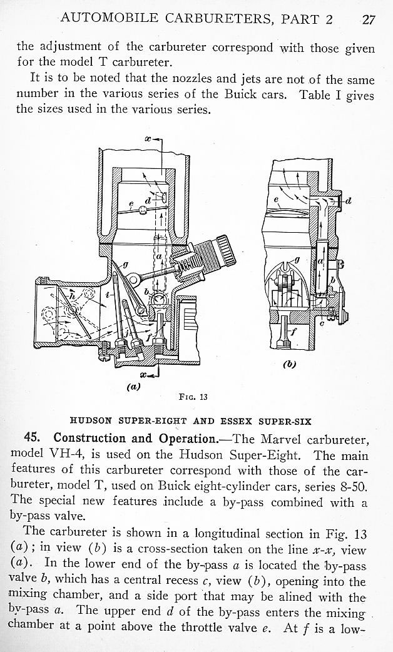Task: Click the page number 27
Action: coord(369,19)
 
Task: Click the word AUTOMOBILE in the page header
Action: coord(109,18)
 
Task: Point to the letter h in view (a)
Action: coord(71,296)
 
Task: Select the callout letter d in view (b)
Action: coord(349,201)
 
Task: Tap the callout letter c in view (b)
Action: coord(323,323)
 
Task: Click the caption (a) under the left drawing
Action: coord(133,386)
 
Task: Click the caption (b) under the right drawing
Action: coord(289,364)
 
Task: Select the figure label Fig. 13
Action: coord(193,397)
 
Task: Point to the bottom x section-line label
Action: coord(143,375)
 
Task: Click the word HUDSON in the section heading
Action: coord(91,421)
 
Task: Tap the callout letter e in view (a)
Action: coord(131,204)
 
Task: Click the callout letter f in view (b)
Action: coord(294,332)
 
